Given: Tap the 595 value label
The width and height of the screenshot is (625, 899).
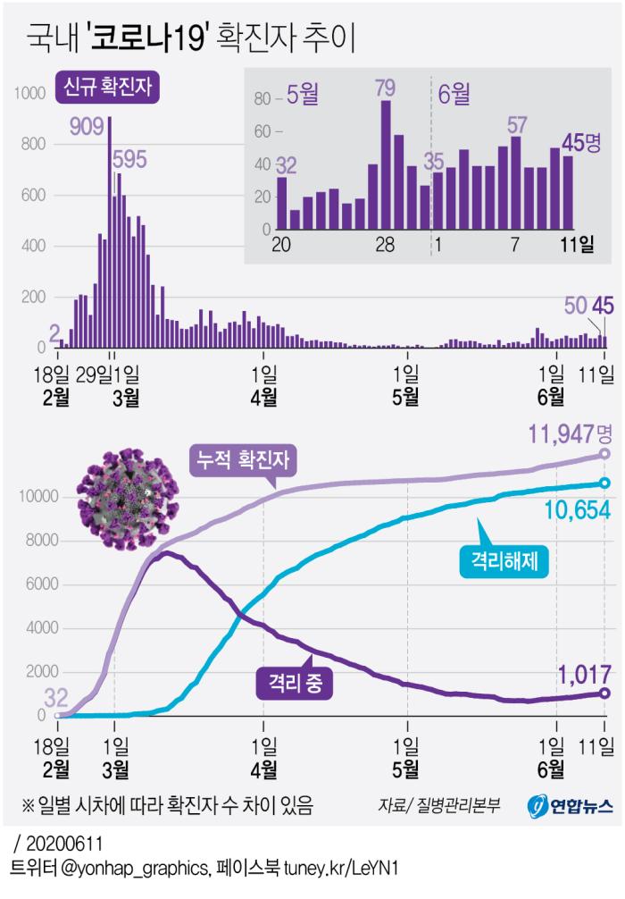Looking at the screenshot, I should point(129,159).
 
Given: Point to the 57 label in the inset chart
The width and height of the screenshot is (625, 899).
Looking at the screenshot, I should point(517,125).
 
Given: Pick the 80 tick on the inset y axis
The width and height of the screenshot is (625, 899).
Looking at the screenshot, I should point(261,99).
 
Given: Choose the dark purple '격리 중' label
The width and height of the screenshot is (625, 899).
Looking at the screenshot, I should point(294,684).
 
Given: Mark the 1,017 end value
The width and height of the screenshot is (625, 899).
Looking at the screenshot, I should point(571,673).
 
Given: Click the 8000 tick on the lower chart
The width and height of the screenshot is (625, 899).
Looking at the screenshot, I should point(33,541).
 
